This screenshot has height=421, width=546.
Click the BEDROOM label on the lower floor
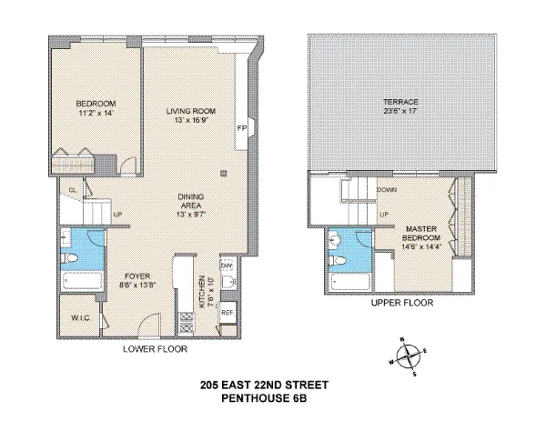pyautogui.click(x=94, y=105)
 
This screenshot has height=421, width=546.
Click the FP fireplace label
pyautogui.click(x=241, y=127)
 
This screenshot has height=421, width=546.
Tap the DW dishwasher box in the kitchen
pyautogui.click(x=227, y=266)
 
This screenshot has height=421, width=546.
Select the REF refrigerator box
pyautogui.click(x=227, y=312)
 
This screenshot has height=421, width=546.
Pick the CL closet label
pyautogui.click(x=71, y=189)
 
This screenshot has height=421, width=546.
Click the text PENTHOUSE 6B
pyautogui.click(x=265, y=397)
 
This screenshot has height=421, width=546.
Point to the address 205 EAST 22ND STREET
pyautogui.click(x=265, y=386)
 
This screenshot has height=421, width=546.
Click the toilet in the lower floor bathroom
pyautogui.click(x=70, y=261)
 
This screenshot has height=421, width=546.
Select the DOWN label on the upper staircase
pyautogui.click(x=386, y=190)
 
